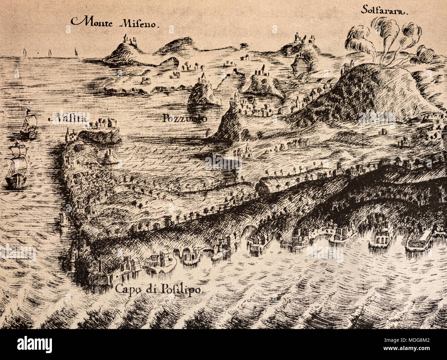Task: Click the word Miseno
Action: coord(139,24)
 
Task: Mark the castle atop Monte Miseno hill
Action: coord(128,39)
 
